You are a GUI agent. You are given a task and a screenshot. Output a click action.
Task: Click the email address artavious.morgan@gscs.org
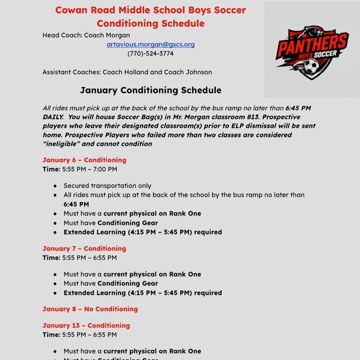tap(150, 44)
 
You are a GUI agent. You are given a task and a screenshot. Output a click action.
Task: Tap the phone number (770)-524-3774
tap(150, 54)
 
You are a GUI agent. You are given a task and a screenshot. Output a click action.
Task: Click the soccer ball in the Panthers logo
tap(312, 66)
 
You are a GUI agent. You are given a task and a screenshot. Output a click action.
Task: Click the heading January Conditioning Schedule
tap(150, 90)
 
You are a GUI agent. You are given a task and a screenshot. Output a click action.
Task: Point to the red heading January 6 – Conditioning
tap(84, 160)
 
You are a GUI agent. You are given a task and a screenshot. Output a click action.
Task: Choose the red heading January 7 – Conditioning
tap(84, 249)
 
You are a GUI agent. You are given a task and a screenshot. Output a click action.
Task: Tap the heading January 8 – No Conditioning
tap(90, 309)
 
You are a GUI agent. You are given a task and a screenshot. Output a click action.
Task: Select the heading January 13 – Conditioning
tap(86, 325)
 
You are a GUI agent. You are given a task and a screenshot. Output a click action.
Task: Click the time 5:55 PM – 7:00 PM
tap(89, 169)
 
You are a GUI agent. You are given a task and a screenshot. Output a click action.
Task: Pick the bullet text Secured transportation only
tap(107, 186)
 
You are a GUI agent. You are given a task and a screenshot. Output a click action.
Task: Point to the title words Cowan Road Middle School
tap(120, 10)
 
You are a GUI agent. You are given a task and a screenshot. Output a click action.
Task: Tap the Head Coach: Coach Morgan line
tap(86, 35)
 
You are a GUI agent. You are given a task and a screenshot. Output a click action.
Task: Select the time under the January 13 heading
tap(89, 335)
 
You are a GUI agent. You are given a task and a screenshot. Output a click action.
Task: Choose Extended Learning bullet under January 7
tap(143, 293)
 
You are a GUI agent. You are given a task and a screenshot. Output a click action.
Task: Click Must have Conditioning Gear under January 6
tap(110, 223)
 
